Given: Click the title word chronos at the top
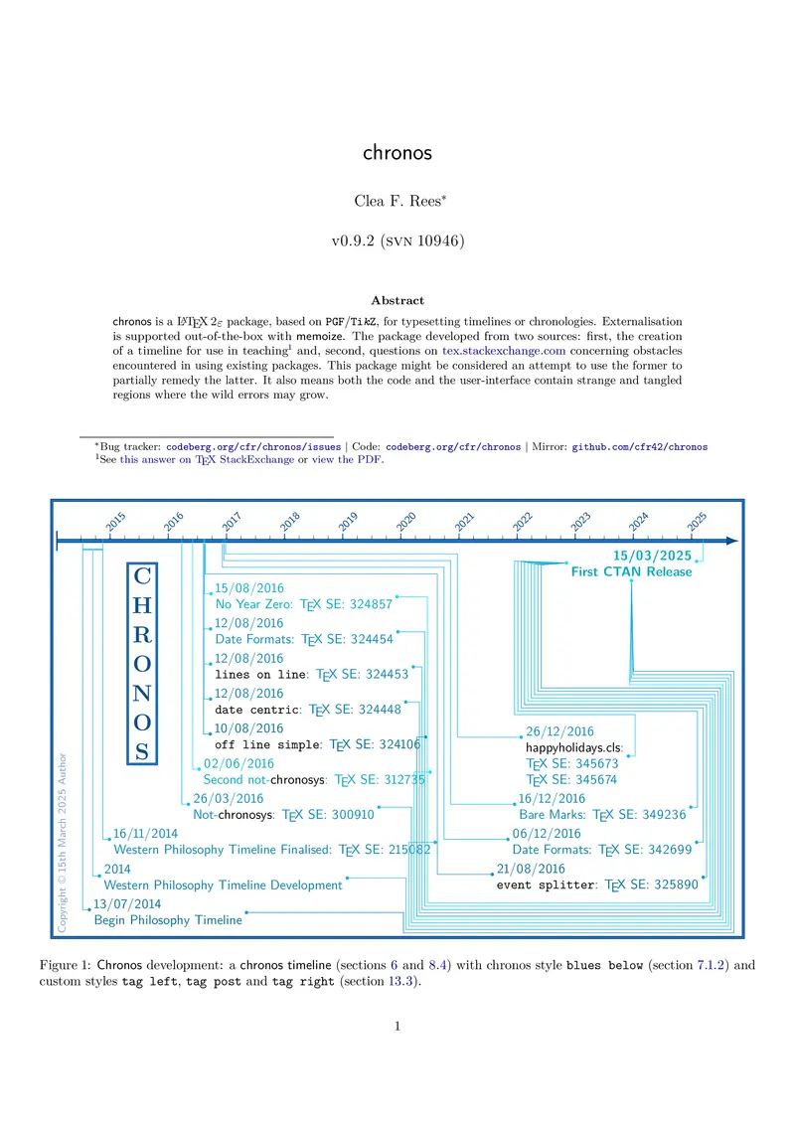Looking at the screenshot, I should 397,153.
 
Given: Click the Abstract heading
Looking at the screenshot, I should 397,299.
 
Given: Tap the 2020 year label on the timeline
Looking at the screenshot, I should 406,520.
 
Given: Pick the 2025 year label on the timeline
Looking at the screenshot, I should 697,520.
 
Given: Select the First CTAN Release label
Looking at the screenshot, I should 631,571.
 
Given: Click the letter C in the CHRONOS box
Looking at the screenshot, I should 143,577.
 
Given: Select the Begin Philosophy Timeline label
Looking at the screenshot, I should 168,920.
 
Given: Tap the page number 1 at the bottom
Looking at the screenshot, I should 397,1027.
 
